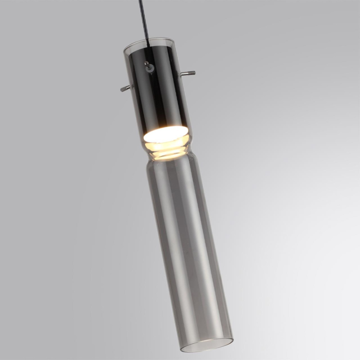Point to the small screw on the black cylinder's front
146,64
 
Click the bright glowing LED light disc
165,134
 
